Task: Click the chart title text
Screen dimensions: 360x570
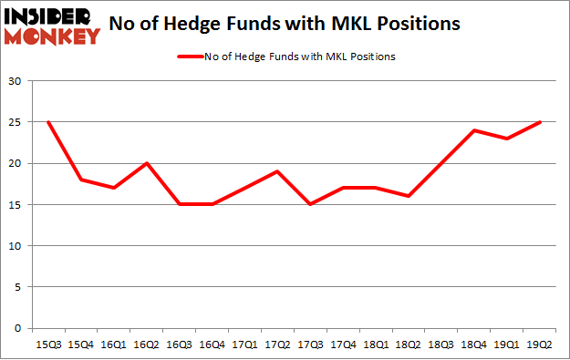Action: tap(296, 26)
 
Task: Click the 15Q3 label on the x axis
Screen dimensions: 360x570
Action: tap(47, 345)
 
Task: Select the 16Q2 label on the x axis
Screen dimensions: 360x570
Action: tap(147, 345)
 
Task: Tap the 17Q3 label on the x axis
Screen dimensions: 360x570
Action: tap(313, 345)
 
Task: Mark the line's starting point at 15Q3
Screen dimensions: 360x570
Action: tap(47, 123)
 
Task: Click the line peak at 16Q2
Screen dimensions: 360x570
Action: tap(147, 164)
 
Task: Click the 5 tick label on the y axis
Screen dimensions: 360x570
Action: tap(18, 287)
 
